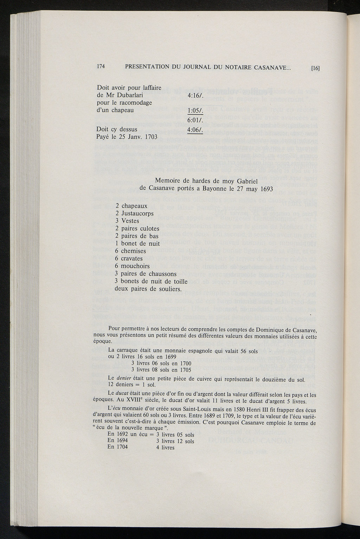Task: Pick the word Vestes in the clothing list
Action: point(130,221)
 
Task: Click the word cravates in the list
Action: point(132,259)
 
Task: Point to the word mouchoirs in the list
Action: point(135,266)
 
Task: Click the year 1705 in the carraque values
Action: point(185,370)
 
